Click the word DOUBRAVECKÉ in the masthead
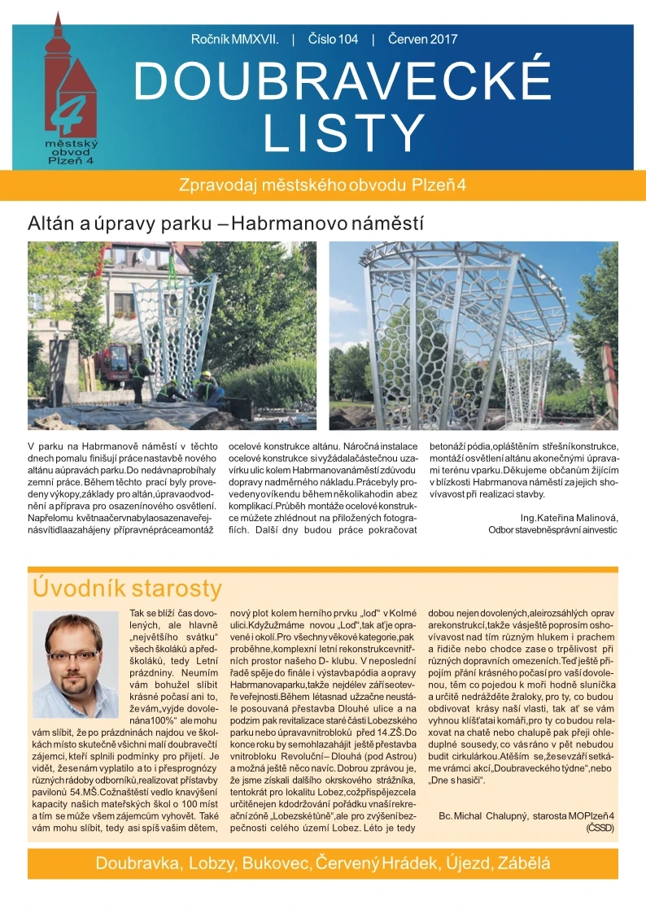coord(342,82)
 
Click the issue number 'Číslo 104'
coord(333,39)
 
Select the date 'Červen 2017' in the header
coord(422,39)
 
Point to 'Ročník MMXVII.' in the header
coord(235,39)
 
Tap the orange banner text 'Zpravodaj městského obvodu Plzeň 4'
coord(322,184)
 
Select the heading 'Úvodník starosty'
coord(126,588)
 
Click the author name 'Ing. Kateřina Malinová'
coord(569,517)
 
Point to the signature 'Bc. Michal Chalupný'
coord(486,815)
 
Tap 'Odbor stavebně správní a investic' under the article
coord(552,530)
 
